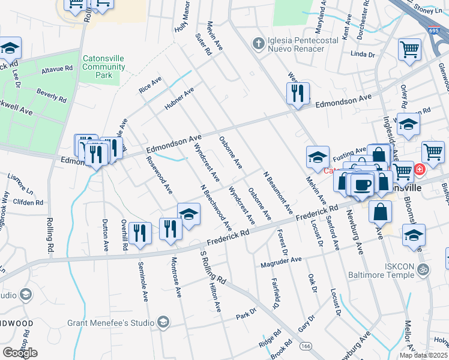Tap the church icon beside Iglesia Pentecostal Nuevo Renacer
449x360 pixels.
click(x=258, y=43)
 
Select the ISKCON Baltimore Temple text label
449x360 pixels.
click(x=382, y=270)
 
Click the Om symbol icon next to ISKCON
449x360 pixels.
click(x=424, y=269)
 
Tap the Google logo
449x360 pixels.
click(x=20, y=353)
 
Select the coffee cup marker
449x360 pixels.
click(x=363, y=184)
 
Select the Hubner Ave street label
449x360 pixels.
click(x=180, y=99)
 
